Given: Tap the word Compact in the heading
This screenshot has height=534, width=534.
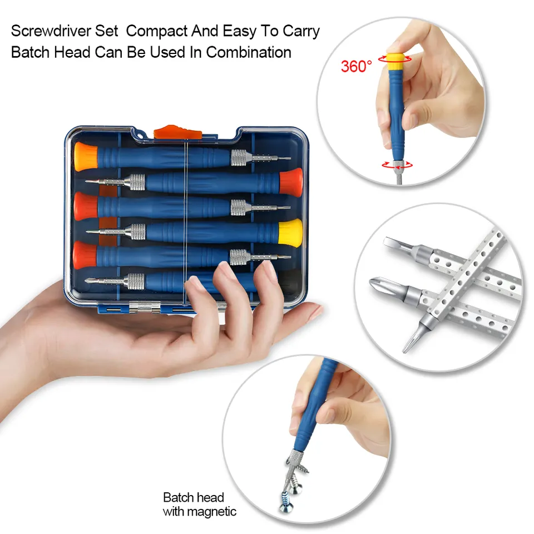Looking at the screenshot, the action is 156,31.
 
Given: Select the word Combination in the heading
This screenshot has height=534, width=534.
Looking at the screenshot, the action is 249,52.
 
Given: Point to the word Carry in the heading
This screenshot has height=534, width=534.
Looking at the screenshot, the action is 301,32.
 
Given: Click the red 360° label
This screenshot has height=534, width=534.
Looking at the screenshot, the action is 356,66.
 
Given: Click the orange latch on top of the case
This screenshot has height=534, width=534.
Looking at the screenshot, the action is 177,132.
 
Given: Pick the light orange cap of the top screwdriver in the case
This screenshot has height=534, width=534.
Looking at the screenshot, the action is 86,156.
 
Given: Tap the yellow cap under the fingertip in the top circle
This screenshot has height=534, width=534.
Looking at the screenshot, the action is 395,61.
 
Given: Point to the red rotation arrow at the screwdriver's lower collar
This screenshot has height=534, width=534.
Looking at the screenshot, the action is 397,165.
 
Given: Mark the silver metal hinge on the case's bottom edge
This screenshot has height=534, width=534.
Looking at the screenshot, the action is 145,308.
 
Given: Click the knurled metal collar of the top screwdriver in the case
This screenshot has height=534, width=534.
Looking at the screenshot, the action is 239,157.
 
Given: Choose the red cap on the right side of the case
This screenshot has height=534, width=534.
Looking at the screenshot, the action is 291,182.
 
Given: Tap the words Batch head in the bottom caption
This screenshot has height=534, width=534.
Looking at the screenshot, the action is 194,497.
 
